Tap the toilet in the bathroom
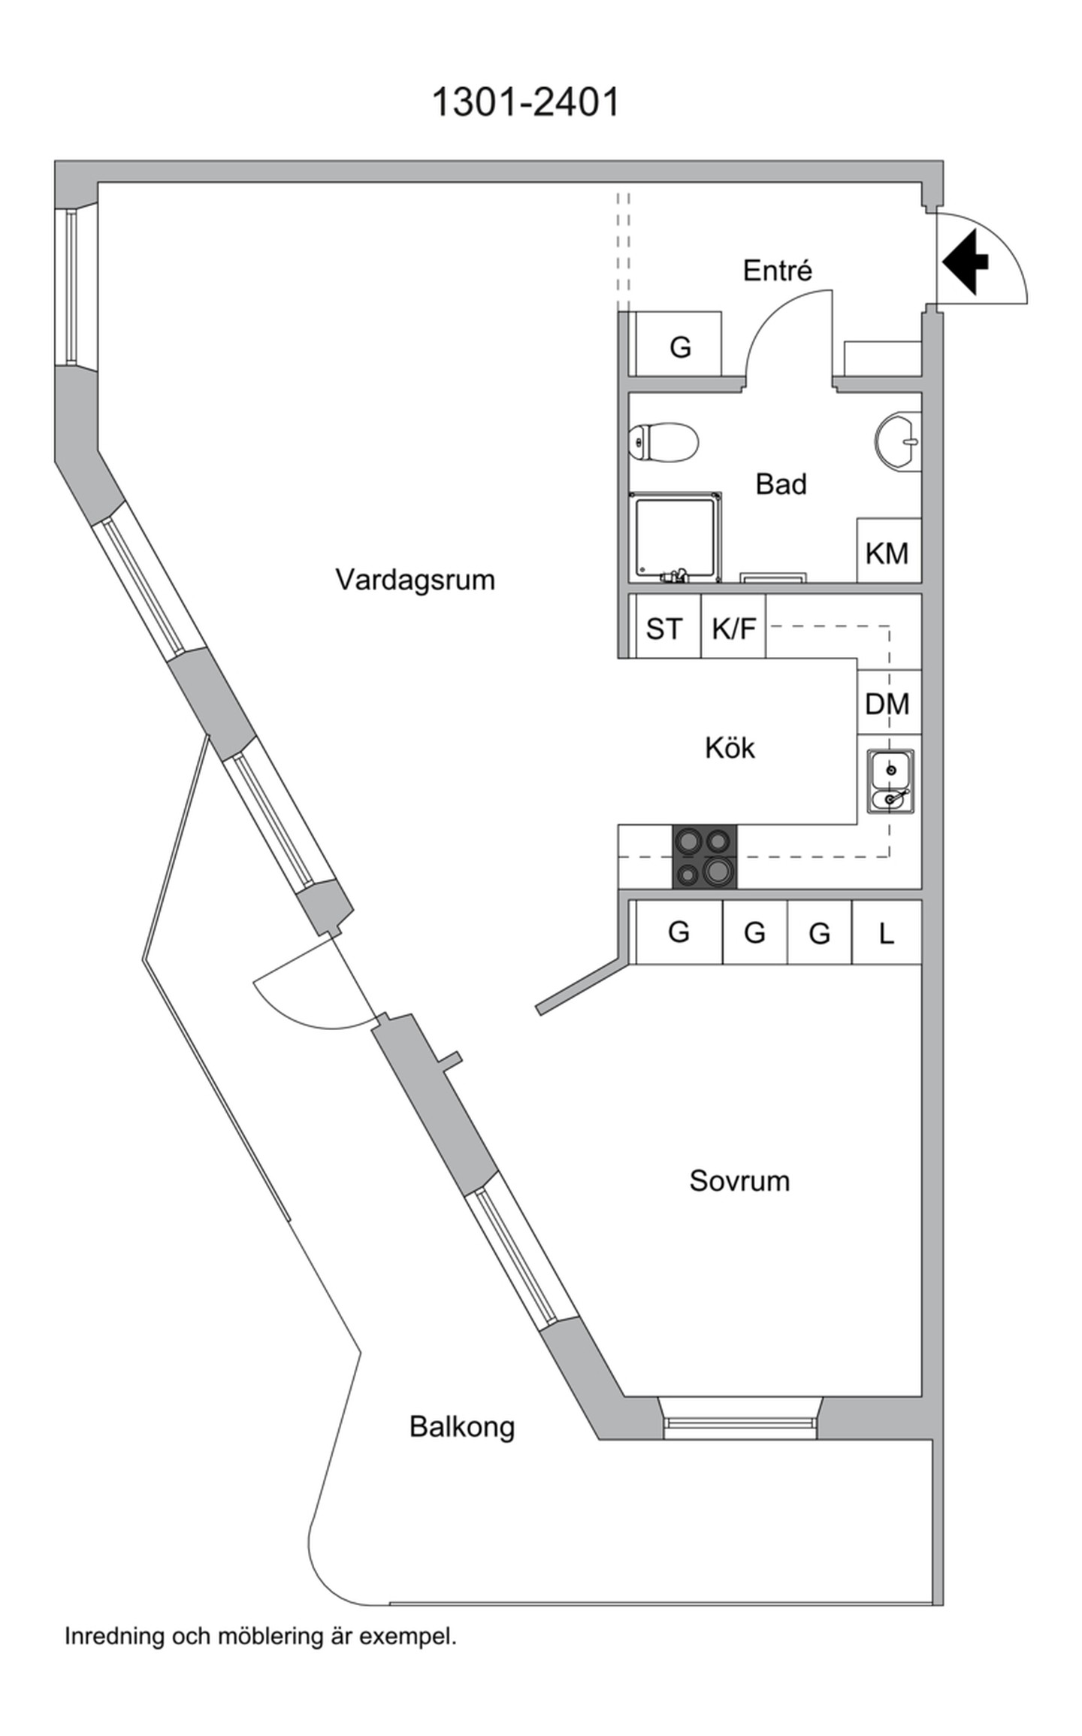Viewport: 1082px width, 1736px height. (664, 441)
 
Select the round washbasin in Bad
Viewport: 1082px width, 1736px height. (899, 442)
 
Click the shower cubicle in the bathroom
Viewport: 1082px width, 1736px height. (675, 538)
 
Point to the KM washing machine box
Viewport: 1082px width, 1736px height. (889, 550)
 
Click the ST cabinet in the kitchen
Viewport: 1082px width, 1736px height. (665, 626)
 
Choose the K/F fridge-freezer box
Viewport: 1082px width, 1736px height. (733, 626)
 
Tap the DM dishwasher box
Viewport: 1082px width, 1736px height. (889, 702)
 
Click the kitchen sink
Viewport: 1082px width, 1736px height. (890, 780)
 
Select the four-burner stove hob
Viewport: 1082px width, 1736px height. (705, 856)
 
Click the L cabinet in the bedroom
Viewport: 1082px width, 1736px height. (887, 932)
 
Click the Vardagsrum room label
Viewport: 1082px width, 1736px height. (415, 580)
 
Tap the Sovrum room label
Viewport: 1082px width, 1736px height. (739, 1180)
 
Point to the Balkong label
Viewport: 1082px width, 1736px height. (462, 1427)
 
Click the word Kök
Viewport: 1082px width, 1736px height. (730, 747)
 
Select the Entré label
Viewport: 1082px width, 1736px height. (778, 270)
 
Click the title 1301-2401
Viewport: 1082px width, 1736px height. (526, 101)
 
